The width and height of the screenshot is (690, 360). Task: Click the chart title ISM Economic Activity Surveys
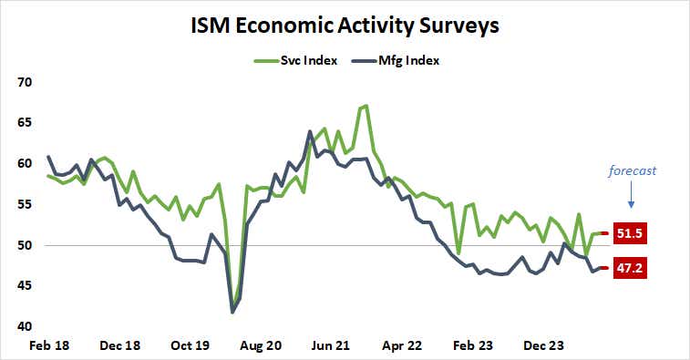(345, 26)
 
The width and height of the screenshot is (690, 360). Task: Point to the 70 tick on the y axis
(25, 82)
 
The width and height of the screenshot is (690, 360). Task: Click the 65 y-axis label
(25, 123)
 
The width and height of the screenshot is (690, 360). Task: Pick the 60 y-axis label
(25, 164)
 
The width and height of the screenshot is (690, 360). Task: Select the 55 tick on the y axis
(25, 204)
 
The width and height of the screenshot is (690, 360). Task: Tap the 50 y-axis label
(25, 245)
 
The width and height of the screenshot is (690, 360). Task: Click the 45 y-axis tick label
(25, 285)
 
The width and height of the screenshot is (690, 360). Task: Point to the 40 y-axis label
(25, 326)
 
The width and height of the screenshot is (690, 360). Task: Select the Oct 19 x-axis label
(190, 346)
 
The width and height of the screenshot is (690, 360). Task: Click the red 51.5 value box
(628, 234)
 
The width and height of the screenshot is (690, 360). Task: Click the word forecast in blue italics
(633, 170)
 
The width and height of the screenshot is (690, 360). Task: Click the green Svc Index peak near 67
(366, 106)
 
